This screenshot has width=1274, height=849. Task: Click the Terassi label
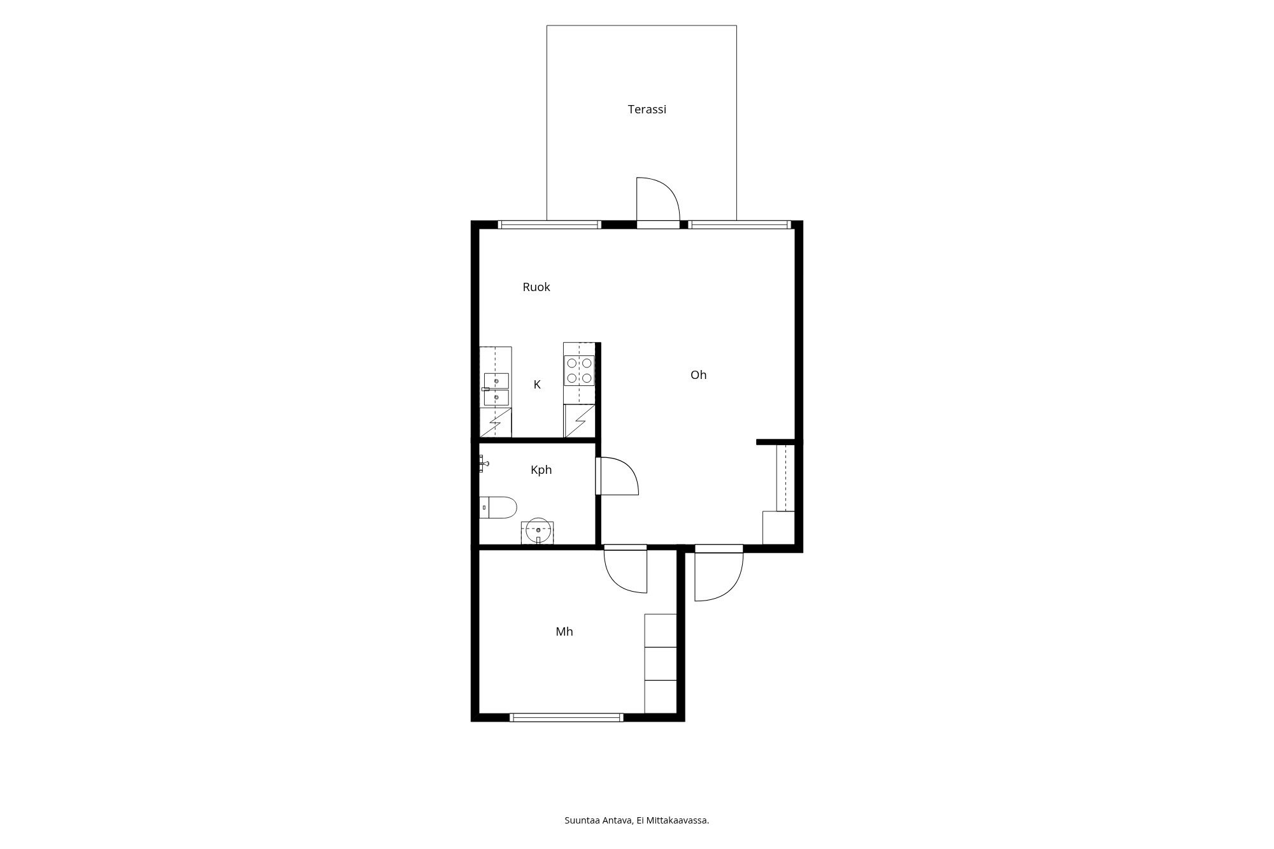(x=647, y=110)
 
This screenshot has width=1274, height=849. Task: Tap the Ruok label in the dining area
(x=536, y=287)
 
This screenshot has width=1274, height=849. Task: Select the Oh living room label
(x=699, y=375)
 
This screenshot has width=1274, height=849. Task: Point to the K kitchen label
(x=537, y=385)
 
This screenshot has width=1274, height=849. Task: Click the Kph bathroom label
(x=541, y=470)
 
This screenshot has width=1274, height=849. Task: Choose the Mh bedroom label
(x=564, y=632)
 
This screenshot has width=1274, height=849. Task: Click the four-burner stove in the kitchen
(x=579, y=371)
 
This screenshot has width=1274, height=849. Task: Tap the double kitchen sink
(x=496, y=389)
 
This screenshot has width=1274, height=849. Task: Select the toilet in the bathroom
(x=498, y=508)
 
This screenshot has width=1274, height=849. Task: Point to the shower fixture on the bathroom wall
(x=483, y=464)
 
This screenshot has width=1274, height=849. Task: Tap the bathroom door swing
(x=617, y=476)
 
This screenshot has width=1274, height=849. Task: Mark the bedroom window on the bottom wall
(x=567, y=717)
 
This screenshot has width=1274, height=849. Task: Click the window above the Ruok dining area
(x=549, y=224)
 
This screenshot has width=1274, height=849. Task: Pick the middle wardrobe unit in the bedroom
(x=661, y=664)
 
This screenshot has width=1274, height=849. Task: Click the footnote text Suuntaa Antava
(x=598, y=820)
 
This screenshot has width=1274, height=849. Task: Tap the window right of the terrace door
(x=740, y=224)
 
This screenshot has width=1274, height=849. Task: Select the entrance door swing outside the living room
(x=719, y=573)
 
